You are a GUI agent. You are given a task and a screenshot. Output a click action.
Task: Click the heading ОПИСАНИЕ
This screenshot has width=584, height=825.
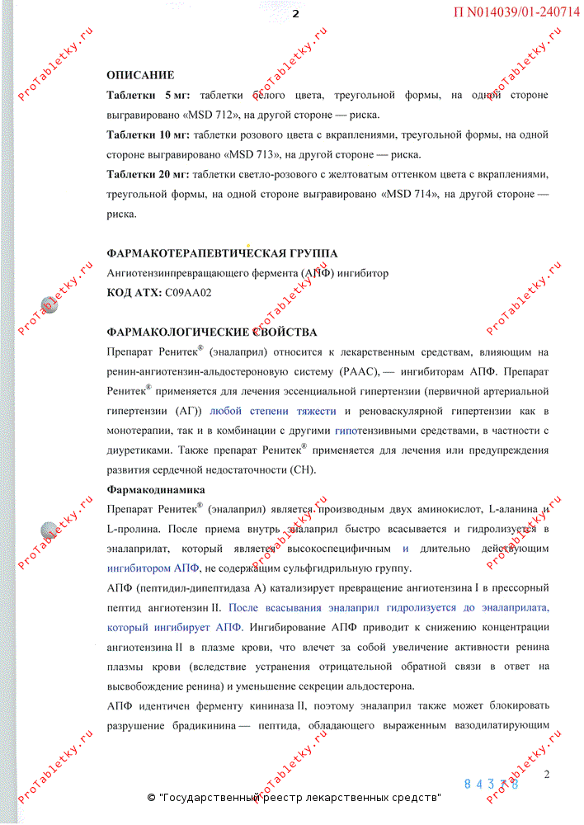coord(140,75)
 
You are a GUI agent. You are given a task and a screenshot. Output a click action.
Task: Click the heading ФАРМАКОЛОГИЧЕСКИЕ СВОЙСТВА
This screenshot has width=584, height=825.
coord(212,332)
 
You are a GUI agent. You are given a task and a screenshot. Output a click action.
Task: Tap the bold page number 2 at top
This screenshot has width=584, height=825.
coord(294,13)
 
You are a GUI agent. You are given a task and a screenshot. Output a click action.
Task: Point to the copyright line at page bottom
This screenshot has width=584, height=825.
coord(294,798)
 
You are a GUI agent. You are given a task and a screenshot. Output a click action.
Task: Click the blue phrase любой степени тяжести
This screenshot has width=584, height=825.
coord(273,411)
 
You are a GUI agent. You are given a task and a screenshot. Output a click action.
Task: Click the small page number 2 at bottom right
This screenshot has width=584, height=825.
coord(547,774)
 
